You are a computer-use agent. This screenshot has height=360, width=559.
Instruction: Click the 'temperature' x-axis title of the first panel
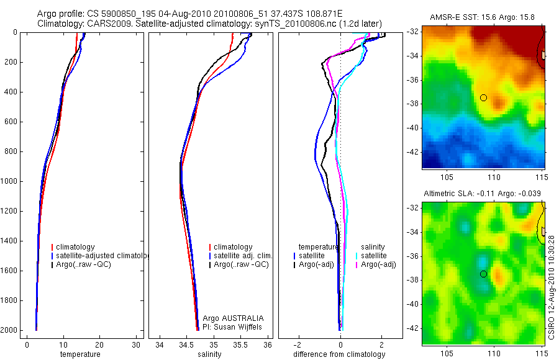[x=80, y=354]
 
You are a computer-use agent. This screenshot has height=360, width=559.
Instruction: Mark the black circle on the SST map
[x=483, y=97]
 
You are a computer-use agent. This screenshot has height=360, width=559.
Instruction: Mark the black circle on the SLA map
[x=483, y=274]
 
